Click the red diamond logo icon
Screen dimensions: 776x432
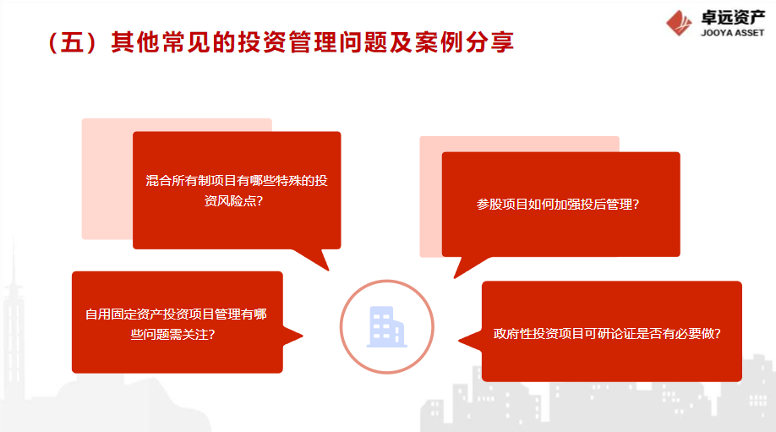click(679, 24)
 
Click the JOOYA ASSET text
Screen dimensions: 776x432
click(732, 33)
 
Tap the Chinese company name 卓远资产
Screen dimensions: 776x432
click(733, 17)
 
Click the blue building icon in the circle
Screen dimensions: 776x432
click(387, 326)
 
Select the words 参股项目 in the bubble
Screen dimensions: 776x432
click(502, 205)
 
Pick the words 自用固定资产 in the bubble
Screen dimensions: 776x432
click(123, 314)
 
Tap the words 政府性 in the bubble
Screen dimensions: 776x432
click(513, 334)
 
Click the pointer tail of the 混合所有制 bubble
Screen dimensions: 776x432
click(314, 259)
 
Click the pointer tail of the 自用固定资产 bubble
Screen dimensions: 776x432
click(292, 336)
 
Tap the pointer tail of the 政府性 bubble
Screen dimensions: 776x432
click(471, 341)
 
